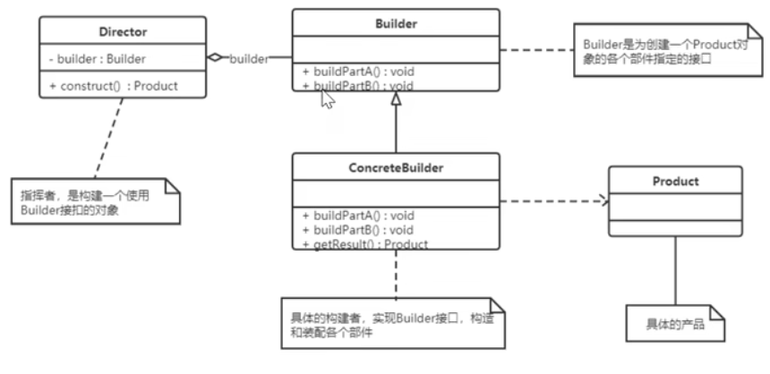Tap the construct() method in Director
(114, 86)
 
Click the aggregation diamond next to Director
(215, 57)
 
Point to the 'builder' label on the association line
(250, 58)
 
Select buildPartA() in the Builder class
(357, 71)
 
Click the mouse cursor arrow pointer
(327, 98)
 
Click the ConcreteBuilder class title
(396, 167)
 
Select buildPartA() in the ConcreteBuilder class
(357, 216)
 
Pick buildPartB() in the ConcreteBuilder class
(357, 230)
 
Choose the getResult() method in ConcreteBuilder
(364, 243)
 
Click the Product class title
(675, 181)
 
